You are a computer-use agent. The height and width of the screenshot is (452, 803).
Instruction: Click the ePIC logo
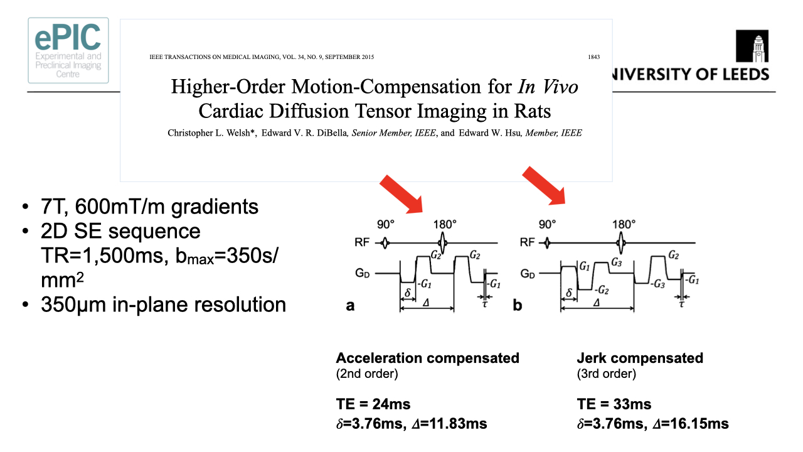[x=68, y=50]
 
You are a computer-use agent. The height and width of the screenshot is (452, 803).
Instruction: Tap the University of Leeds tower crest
[x=752, y=48]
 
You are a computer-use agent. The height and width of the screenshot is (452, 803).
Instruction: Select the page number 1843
[x=593, y=57]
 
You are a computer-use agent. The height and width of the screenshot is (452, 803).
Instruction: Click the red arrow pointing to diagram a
[x=402, y=194]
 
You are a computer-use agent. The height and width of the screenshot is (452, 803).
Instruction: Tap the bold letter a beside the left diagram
[x=351, y=306]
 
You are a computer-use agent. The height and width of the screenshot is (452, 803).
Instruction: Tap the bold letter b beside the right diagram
[x=518, y=306]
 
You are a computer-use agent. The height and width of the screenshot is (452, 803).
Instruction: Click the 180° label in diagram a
[x=444, y=224]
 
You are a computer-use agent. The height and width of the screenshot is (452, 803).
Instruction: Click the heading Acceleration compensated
[x=427, y=358]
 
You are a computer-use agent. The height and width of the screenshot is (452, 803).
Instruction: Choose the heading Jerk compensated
[x=640, y=358]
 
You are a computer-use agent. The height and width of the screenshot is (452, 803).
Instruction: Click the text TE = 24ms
[x=373, y=404]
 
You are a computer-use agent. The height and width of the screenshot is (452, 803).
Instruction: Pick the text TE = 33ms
[x=614, y=404]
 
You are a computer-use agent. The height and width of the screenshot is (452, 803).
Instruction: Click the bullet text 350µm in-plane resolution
[x=163, y=305]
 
